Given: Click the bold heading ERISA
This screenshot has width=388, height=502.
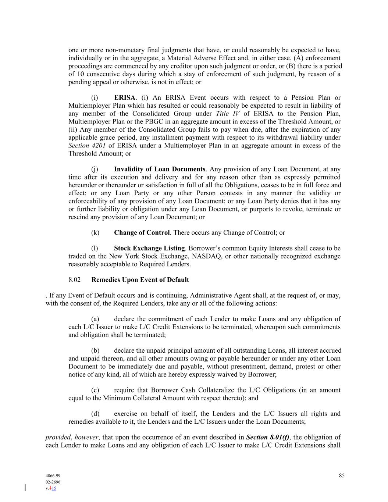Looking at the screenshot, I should (x=125, y=98).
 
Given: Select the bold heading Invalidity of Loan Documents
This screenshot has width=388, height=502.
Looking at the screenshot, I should (x=160, y=169).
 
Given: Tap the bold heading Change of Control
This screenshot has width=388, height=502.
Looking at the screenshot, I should (x=142, y=233).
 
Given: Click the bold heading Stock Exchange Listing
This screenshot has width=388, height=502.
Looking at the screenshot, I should (x=149, y=248).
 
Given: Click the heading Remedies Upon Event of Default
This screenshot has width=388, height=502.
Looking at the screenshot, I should (x=140, y=280).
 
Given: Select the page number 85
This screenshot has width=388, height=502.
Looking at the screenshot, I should (x=342, y=476).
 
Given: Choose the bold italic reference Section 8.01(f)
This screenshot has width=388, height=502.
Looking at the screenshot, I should (x=268, y=437).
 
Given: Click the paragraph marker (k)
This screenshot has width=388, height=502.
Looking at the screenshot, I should (x=95, y=233).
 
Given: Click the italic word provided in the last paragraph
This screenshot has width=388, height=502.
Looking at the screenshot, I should (x=58, y=437).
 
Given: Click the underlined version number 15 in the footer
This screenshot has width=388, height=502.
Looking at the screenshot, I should (x=54, y=488).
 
